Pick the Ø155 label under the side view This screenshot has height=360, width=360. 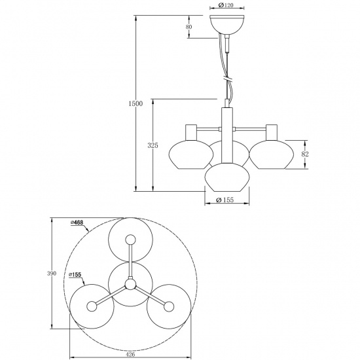(225, 201)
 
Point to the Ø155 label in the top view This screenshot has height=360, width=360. (76, 274)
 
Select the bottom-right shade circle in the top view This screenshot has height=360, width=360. (169, 306)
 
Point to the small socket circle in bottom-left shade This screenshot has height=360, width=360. (92, 305)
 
